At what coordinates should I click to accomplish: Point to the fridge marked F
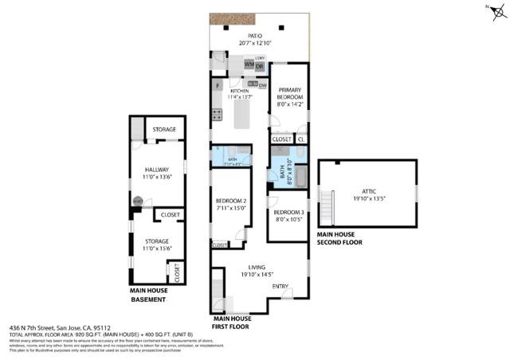pos(218,84)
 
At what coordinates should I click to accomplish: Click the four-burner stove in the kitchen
pos(216,114)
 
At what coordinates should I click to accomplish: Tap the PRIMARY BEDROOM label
pos(288,94)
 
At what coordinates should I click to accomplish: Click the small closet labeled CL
pos(300,139)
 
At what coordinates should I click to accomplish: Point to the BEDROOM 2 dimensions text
pos(231,208)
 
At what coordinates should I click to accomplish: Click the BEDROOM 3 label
pos(287,213)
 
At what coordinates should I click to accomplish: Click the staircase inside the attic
pos(326,204)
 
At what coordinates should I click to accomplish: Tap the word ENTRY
pos(280,287)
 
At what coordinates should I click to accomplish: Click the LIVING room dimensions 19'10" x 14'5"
pos(257,273)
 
